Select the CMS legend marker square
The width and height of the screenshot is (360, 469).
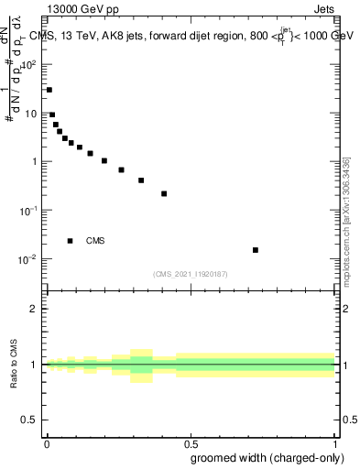click(71, 241)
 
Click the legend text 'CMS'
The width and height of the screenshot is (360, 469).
click(95, 241)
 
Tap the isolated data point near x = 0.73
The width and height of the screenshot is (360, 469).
click(256, 250)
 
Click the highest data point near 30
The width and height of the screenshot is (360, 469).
click(49, 90)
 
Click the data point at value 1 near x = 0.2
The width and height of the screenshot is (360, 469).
click(104, 161)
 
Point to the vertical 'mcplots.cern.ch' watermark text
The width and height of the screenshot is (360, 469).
click(345, 220)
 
